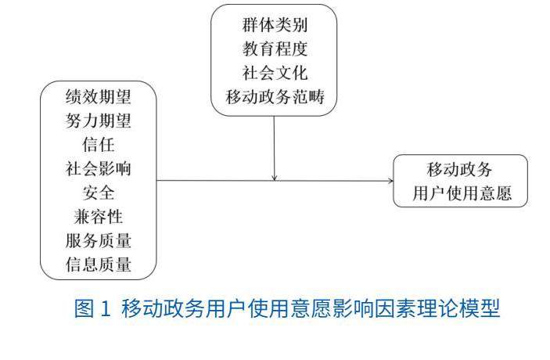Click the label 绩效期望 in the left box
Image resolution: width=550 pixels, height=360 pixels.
98,98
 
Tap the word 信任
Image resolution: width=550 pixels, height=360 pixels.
98,146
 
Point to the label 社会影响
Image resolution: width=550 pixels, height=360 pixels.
98,170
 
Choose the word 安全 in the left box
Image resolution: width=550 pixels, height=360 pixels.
98,193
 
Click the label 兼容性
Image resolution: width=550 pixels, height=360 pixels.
98,218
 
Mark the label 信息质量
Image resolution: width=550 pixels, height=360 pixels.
98,265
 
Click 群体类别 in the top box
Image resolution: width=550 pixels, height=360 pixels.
275,25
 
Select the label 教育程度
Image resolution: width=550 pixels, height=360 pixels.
275,49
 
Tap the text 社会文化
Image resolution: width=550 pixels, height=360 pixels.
275,74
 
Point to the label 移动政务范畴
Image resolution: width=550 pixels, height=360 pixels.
275,98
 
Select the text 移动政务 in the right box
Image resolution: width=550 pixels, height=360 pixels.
460,169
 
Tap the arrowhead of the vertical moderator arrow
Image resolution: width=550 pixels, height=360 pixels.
275,177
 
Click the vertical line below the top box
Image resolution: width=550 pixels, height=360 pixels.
275,145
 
